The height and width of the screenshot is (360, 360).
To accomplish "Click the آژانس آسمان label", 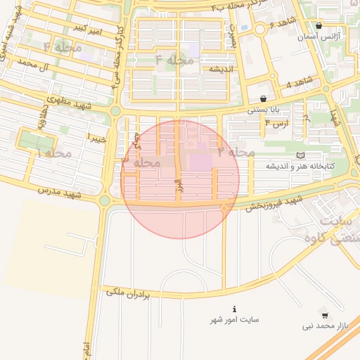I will (327, 35).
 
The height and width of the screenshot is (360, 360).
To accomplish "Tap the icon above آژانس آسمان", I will (319, 25).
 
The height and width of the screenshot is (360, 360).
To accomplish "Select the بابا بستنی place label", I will (264, 110).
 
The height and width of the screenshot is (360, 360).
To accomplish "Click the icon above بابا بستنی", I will (263, 99).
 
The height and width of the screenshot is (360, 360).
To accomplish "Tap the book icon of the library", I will (301, 155).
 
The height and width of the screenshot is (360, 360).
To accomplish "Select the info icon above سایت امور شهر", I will (234, 309).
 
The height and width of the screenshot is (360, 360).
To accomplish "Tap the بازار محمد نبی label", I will (326, 326).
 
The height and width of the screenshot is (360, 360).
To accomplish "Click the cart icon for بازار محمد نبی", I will (324, 313).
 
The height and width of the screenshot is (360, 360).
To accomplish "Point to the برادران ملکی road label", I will (129, 292).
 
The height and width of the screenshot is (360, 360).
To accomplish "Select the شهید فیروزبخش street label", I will (274, 202).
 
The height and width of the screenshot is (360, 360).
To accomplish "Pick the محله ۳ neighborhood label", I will (141, 162).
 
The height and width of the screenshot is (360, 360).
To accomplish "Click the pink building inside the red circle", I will (200, 162).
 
